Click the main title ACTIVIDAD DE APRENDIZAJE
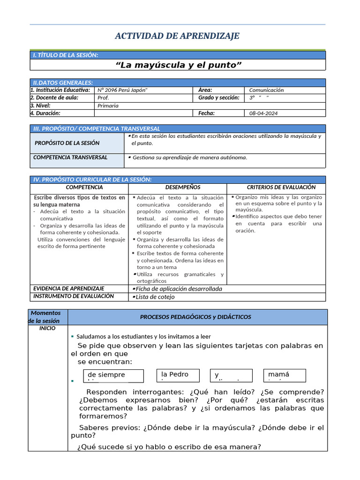click(x=177, y=36)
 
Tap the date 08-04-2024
click(x=263, y=113)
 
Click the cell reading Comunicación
click(x=266, y=90)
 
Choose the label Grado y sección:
click(x=218, y=98)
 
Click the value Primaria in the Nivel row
click(x=108, y=105)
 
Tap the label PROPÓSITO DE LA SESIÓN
click(x=67, y=143)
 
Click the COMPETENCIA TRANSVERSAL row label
click(x=70, y=157)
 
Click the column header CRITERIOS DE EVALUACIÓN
click(x=276, y=187)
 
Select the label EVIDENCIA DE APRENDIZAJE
click(x=68, y=288)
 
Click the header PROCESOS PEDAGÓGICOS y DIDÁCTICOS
click(x=195, y=317)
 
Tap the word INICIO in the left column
click(x=47, y=328)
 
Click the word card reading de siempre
click(x=113, y=375)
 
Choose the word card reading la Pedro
click(x=178, y=375)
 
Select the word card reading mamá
click(x=284, y=375)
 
